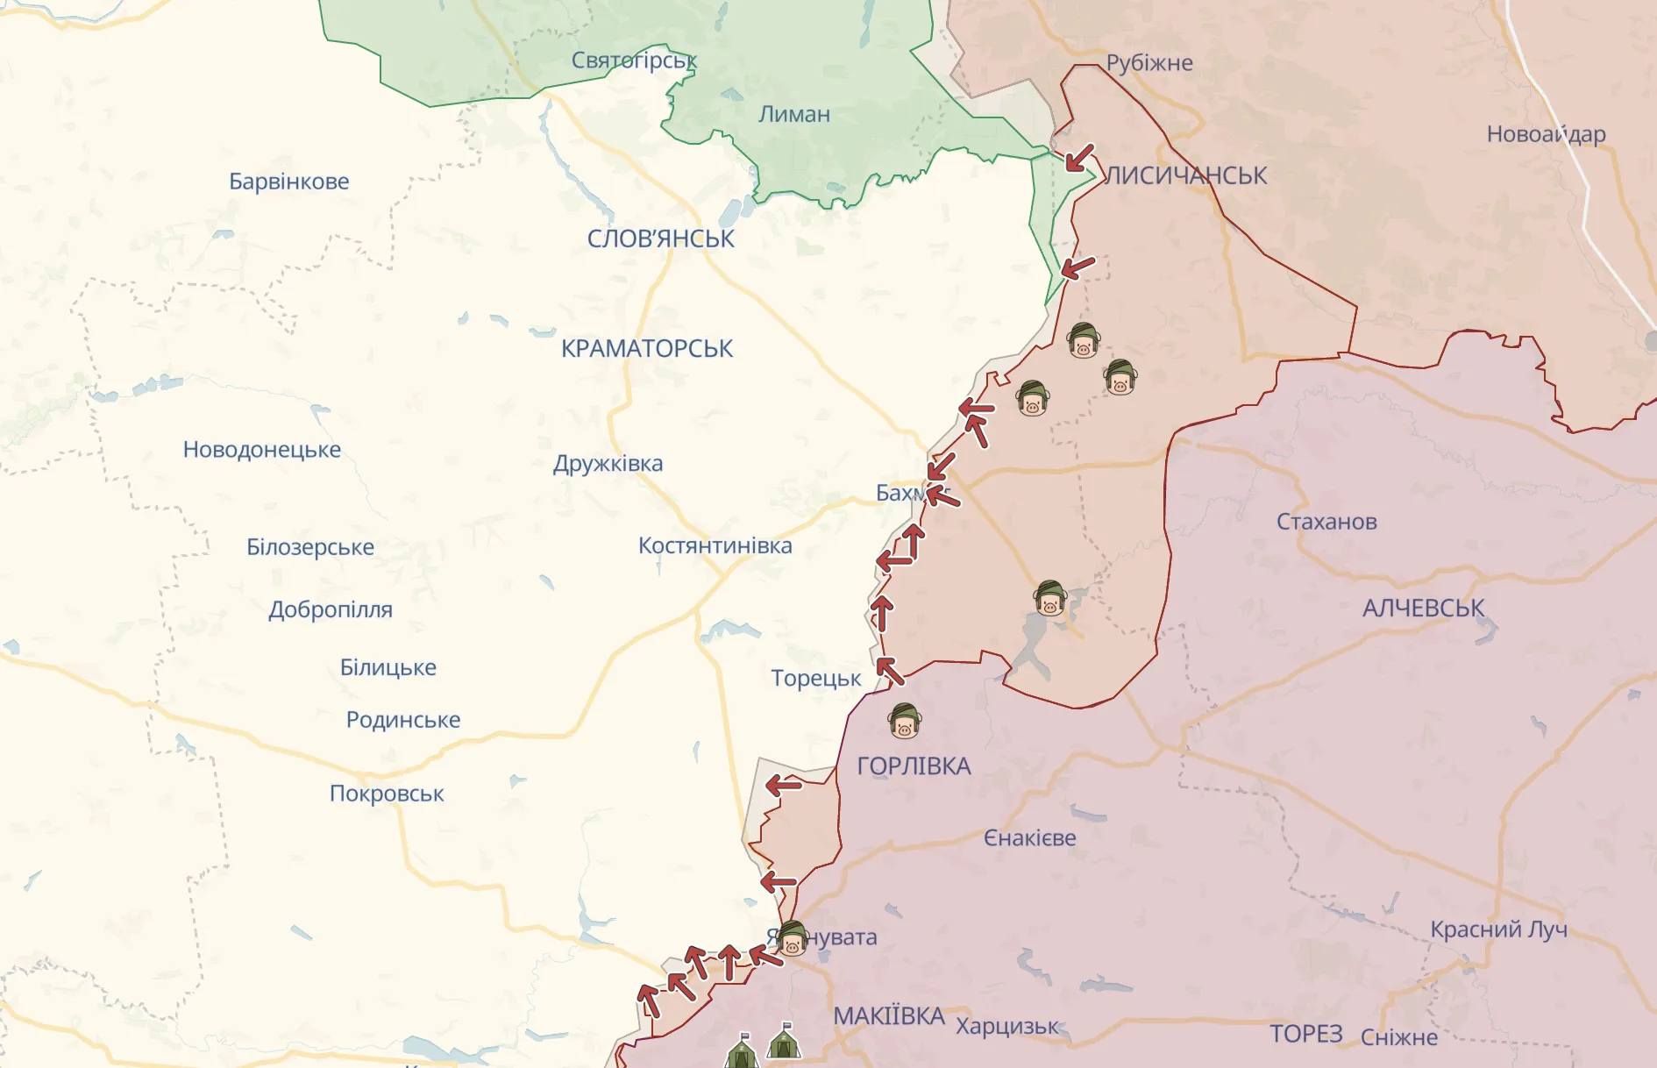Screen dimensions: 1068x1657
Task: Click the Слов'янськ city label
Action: coord(660,239)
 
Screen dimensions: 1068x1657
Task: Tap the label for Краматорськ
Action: coord(646,348)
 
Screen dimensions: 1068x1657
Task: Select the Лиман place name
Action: coord(793,114)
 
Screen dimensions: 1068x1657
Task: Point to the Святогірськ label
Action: coord(634,61)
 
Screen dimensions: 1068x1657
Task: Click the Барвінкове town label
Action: coord(288,182)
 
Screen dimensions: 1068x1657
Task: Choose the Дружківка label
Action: coord(608,463)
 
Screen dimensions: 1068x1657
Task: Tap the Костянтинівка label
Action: coord(715,545)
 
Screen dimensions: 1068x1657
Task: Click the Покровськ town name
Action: coord(387,794)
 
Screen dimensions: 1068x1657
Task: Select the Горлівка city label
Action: coord(914,766)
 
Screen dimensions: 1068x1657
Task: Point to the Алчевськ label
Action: coord(1423,608)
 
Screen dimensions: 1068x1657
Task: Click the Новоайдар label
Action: coord(1546,134)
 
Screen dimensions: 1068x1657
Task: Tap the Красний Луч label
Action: coord(1498,929)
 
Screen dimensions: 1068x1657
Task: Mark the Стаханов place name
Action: coord(1326,522)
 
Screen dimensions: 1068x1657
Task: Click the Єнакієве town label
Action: coord(1029,838)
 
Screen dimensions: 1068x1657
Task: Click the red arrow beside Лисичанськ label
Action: coord(1079,159)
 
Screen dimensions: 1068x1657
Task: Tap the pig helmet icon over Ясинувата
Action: coord(792,938)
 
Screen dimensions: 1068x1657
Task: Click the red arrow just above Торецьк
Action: coord(889,671)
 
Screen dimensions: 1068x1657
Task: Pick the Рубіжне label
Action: coord(1149,63)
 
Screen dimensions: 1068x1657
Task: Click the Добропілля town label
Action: coord(330,609)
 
